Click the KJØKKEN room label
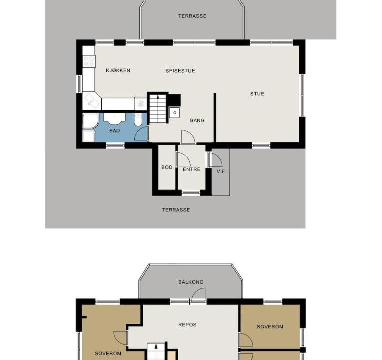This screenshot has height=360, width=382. (x=118, y=70)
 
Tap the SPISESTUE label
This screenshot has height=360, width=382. (x=180, y=71)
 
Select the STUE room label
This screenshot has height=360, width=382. (x=257, y=94)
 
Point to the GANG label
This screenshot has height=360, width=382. (x=197, y=120)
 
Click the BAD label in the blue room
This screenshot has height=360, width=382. (x=114, y=131)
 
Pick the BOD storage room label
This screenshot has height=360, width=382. (x=167, y=167)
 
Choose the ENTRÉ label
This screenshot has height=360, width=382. (x=191, y=169)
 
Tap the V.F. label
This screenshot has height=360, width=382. (x=222, y=171)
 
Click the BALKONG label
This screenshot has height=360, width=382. (x=191, y=282)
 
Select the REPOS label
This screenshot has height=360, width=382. (x=187, y=324)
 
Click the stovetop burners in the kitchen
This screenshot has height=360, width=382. (x=89, y=61)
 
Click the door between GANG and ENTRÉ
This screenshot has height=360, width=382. (x=188, y=137)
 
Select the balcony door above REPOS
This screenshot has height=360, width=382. (x=198, y=295)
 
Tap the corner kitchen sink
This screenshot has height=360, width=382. (x=92, y=101)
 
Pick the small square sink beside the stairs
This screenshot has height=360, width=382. (x=174, y=113)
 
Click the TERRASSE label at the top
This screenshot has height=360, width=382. (x=192, y=16)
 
